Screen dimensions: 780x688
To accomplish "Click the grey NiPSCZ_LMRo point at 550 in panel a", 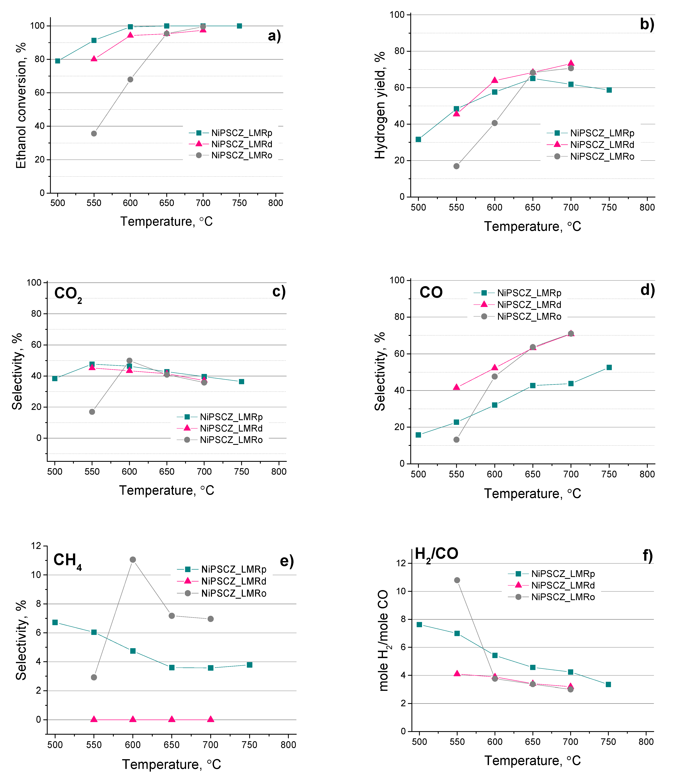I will coord(94,133).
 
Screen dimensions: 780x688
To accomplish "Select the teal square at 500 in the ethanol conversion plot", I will coord(58,61).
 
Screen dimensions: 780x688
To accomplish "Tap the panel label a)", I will coord(274,36).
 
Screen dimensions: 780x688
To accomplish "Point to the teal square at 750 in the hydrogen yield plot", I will coord(609,90).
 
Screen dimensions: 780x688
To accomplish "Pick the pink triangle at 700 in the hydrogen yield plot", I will coord(571,63).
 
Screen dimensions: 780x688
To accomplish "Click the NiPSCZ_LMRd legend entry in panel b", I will coord(602,145).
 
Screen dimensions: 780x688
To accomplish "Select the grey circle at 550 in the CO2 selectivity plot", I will coord(92,412).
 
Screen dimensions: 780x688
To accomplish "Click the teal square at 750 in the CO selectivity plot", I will coord(609,367).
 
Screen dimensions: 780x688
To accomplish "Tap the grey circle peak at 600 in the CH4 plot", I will coord(133,559).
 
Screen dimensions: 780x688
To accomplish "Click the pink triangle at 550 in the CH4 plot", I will coord(94,719).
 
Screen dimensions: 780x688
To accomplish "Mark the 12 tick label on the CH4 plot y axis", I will coord(36,546).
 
